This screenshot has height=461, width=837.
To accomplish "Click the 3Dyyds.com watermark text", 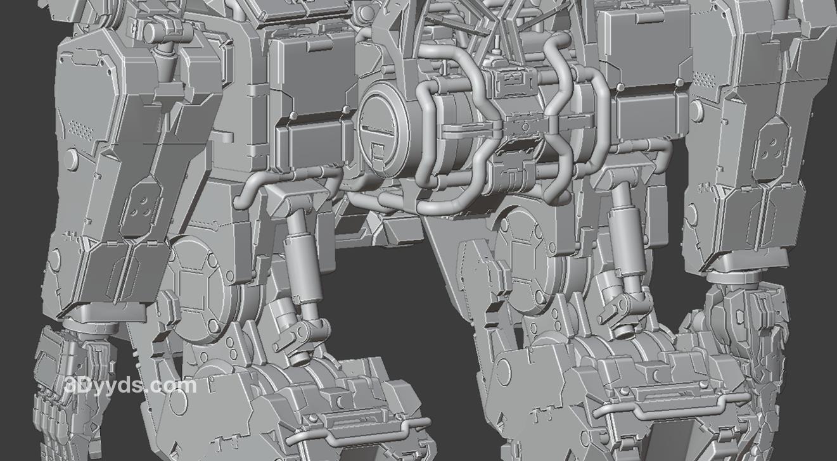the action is pos(131,385).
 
